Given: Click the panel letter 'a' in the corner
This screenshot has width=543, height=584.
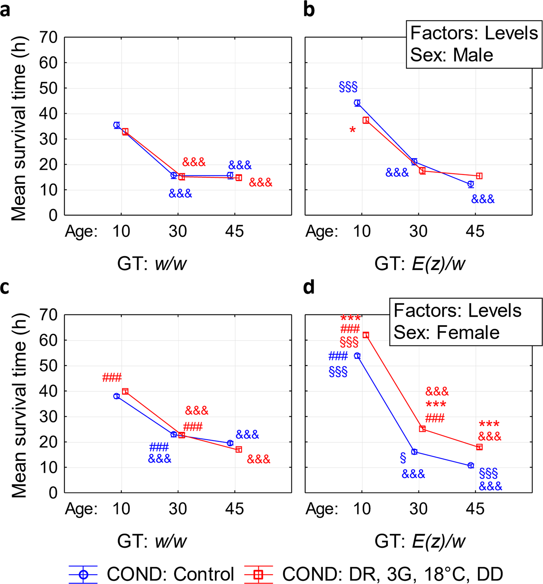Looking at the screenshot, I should pyautogui.click(x=6, y=10).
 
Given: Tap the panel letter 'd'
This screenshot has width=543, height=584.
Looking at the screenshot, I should pyautogui.click(x=309, y=287).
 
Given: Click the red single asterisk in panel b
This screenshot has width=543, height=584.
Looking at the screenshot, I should pyautogui.click(x=353, y=130).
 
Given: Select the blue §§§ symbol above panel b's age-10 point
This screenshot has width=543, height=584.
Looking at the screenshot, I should pyautogui.click(x=348, y=87).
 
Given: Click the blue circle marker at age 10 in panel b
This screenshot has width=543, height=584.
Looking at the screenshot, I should pyautogui.click(x=357, y=103).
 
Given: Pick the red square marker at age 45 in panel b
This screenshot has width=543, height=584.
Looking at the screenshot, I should pyautogui.click(x=479, y=176).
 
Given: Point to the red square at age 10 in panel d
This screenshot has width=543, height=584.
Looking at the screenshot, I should pyautogui.click(x=366, y=335).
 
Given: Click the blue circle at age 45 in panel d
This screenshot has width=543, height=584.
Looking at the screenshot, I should pyautogui.click(x=470, y=466).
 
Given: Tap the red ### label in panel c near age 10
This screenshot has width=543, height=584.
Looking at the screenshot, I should pyautogui.click(x=112, y=378).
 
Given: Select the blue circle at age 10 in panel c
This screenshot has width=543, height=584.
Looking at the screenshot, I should pyautogui.click(x=117, y=396).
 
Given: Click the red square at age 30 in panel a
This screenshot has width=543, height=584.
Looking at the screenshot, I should pyautogui.click(x=182, y=177).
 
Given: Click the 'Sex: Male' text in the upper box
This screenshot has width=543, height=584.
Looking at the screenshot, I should pyautogui.click(x=451, y=55).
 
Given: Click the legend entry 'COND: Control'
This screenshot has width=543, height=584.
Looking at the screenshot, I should pyautogui.click(x=170, y=574).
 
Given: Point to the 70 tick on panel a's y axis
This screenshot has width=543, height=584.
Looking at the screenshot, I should pyautogui.click(x=49, y=37).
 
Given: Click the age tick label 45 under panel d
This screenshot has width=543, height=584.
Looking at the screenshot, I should pyautogui.click(x=475, y=509).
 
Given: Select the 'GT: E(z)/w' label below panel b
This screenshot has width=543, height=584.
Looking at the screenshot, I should pyautogui.click(x=420, y=264).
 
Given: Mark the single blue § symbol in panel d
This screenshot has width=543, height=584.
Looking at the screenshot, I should pyautogui.click(x=403, y=458).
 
